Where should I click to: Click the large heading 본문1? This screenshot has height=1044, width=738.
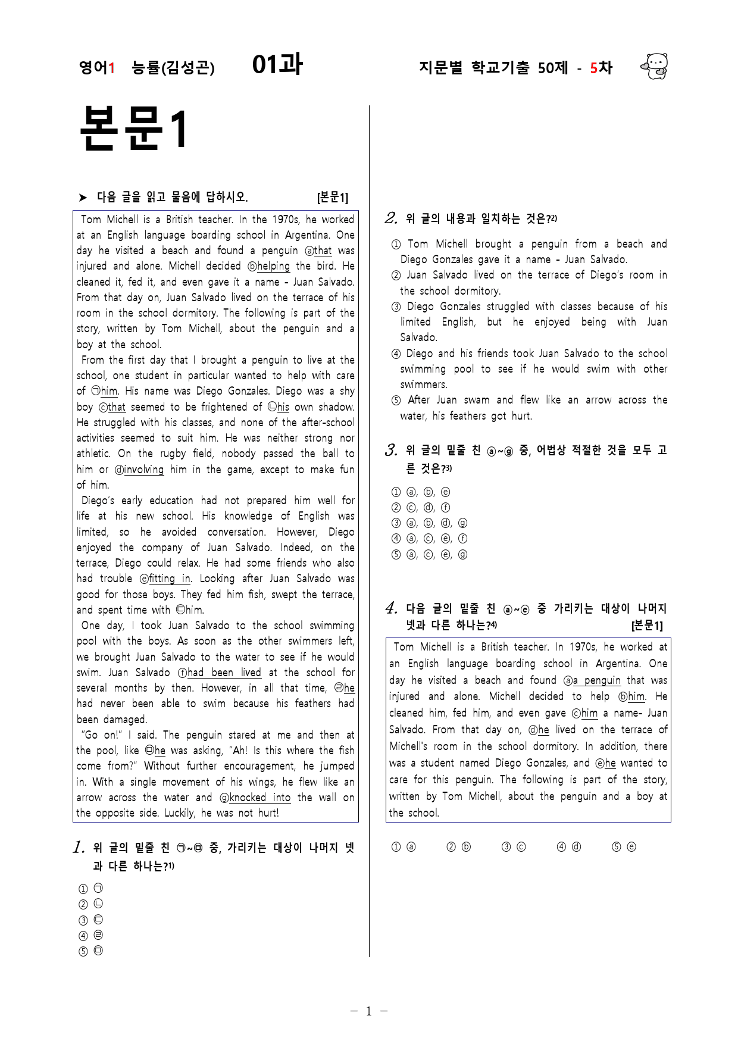click(134, 128)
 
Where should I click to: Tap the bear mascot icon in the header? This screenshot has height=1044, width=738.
click(654, 66)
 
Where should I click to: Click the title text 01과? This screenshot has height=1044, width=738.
click(277, 64)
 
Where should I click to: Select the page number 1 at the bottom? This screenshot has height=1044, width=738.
click(368, 1011)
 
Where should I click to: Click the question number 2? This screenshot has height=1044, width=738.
click(391, 218)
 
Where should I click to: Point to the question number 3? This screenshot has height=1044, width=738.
click(391, 450)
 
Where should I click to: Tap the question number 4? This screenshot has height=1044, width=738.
click(391, 608)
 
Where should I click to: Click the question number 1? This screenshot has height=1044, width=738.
click(78, 848)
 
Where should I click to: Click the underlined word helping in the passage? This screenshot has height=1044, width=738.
click(273, 266)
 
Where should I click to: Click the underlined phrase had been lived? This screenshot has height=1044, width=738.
click(224, 673)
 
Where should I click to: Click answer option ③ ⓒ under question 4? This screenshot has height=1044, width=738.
click(514, 847)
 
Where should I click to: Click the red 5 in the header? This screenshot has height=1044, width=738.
click(593, 68)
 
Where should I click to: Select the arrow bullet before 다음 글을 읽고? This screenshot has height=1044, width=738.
click(83, 198)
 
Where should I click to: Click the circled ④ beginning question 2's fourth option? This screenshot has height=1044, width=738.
click(396, 354)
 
